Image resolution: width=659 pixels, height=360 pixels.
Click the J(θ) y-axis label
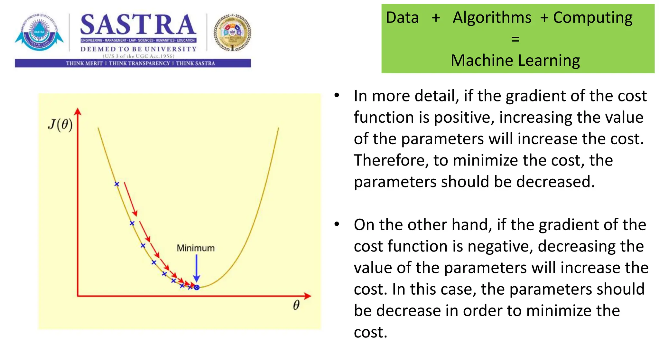60,124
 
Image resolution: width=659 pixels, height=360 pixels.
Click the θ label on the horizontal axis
296,305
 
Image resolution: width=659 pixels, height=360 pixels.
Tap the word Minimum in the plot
195,248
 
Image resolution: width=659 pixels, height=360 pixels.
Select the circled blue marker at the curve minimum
197,287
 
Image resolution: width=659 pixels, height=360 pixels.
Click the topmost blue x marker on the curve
117,184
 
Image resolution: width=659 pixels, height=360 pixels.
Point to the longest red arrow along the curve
131,199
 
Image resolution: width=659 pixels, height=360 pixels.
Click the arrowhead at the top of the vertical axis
78,111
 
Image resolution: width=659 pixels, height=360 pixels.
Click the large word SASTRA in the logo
138,25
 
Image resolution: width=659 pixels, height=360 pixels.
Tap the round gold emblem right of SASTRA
232,33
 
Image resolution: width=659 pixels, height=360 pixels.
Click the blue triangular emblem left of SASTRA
39,33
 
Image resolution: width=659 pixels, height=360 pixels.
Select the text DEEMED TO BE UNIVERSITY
138,49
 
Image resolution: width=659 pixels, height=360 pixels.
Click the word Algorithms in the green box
492,17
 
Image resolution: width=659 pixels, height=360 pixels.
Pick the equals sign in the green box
515,39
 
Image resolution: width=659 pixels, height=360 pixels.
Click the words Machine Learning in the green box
515,61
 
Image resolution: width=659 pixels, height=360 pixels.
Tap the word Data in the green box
402,17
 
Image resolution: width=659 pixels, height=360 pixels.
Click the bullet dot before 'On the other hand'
337,224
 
